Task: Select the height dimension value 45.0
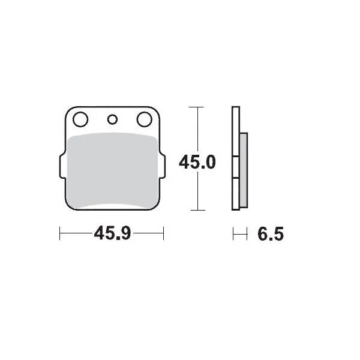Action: tap(197, 161)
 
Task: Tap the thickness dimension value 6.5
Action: tap(271, 233)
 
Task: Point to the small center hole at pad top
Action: tap(112, 119)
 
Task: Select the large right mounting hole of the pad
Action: tap(144, 119)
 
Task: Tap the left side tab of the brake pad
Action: tap(61, 167)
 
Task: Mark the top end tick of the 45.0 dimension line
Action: tap(197, 107)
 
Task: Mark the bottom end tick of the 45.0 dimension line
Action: tap(197, 210)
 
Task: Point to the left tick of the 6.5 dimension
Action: tap(233, 233)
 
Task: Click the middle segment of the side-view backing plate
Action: tap(236, 167)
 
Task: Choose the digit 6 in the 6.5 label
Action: tap(263, 233)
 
